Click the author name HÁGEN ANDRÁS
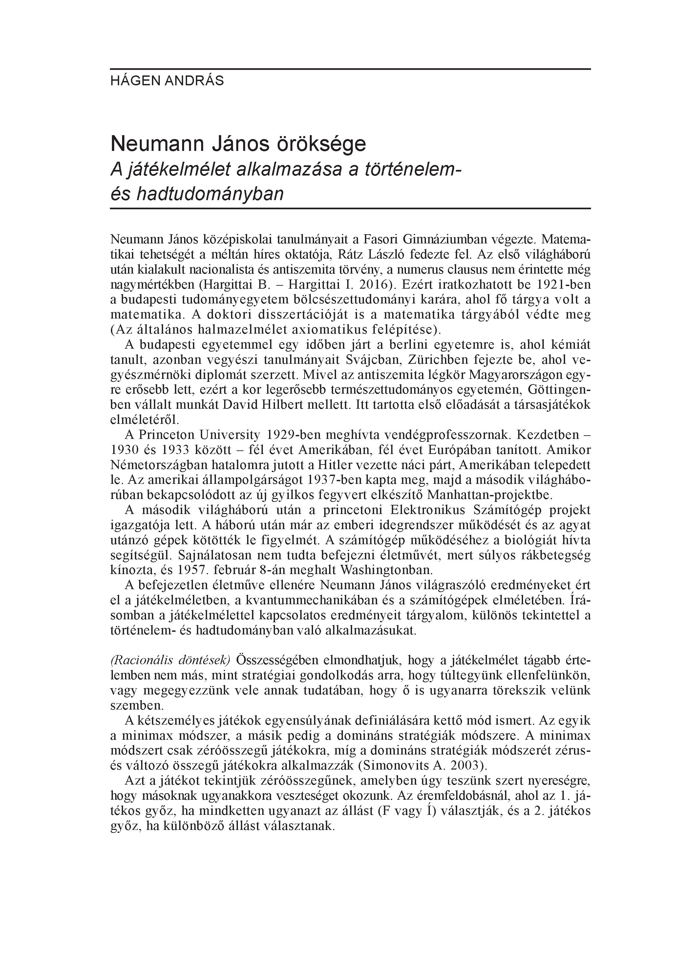167,81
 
